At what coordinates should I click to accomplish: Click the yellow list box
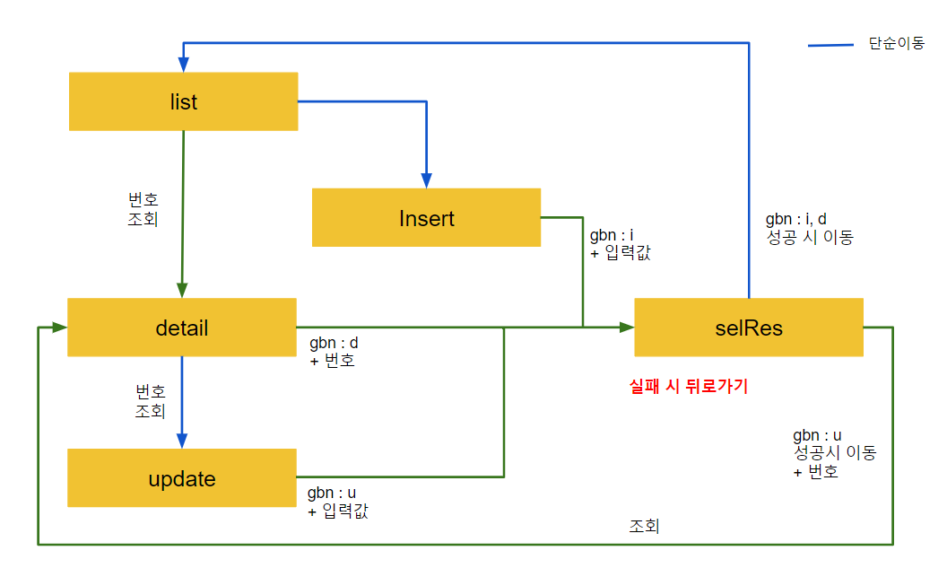pyautogui.click(x=184, y=101)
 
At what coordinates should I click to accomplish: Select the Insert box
pyautogui.click(x=426, y=217)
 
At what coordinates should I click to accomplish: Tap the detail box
pyautogui.click(x=182, y=328)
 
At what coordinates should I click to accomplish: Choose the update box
pyautogui.click(x=182, y=478)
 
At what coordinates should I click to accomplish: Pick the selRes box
pyautogui.click(x=749, y=328)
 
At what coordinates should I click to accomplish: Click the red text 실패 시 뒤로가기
pyautogui.click(x=689, y=387)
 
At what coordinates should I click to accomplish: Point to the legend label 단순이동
pyautogui.click(x=896, y=42)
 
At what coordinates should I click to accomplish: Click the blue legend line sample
pyautogui.click(x=830, y=45)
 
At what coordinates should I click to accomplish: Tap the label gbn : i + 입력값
pyautogui.click(x=620, y=244)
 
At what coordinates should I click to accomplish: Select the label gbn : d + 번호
pyautogui.click(x=334, y=352)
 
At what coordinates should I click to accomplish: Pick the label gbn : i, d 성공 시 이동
pyautogui.click(x=808, y=229)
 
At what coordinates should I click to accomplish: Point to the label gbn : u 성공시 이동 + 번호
pyautogui.click(x=834, y=453)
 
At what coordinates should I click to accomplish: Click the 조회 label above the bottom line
pyautogui.click(x=644, y=526)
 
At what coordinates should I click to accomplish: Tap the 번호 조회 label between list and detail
pyautogui.click(x=143, y=209)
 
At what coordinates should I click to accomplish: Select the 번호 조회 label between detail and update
pyautogui.click(x=151, y=401)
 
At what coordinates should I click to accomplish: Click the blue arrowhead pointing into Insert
pyautogui.click(x=427, y=180)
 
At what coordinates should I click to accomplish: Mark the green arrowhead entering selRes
pyautogui.click(x=627, y=328)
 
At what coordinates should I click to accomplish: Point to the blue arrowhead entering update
pyautogui.click(x=182, y=441)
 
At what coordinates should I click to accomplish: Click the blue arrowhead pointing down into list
pyautogui.click(x=184, y=65)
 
